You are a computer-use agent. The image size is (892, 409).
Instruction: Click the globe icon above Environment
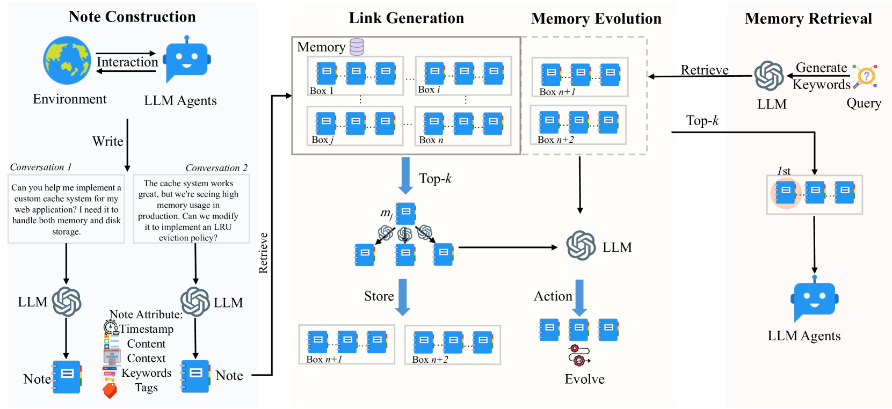(67, 60)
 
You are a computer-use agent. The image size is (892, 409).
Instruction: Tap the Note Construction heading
(132, 17)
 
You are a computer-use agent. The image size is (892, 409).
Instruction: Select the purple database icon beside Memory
(357, 47)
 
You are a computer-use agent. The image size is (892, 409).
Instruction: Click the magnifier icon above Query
(865, 76)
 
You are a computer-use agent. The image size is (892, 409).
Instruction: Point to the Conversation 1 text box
(66, 209)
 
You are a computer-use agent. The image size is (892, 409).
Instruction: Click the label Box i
(429, 90)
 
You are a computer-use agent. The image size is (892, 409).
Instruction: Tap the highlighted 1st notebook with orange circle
(785, 193)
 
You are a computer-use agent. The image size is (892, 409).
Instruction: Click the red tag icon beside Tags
(110, 390)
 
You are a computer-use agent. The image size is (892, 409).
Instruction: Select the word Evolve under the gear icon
(584, 379)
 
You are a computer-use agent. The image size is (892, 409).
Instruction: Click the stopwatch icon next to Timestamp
(111, 327)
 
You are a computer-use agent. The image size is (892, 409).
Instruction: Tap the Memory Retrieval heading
(808, 18)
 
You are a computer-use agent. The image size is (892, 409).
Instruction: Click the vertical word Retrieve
(263, 253)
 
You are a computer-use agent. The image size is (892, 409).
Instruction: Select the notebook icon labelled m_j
(405, 214)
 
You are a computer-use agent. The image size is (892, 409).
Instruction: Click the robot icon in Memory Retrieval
(814, 298)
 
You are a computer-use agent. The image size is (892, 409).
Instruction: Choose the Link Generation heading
(406, 18)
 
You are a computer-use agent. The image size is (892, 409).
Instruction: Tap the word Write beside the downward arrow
(107, 141)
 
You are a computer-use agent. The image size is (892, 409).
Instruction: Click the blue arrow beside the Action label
(579, 298)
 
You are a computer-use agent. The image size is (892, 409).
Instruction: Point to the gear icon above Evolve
(579, 355)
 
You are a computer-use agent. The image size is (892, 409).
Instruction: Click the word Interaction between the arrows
(127, 62)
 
